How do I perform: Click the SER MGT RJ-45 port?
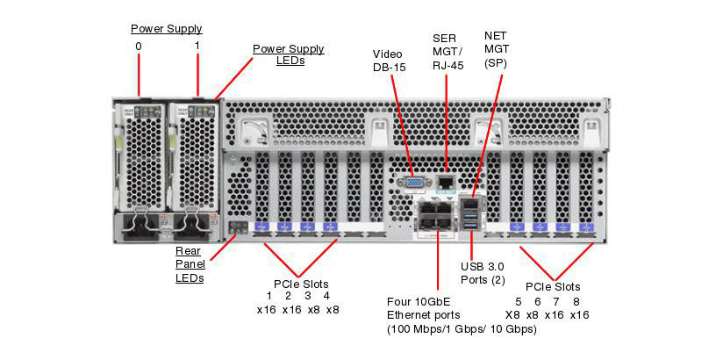point(446,183)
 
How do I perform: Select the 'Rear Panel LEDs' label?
point(190,264)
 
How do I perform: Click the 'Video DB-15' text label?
point(390,60)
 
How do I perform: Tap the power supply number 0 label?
point(138,46)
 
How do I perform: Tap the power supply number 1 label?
point(197,46)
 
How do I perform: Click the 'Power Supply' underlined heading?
point(167,28)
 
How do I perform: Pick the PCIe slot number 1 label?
point(268,296)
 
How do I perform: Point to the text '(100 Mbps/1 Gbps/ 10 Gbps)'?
point(462,329)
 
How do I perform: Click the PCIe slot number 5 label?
point(519,300)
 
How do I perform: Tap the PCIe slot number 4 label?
point(326,296)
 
